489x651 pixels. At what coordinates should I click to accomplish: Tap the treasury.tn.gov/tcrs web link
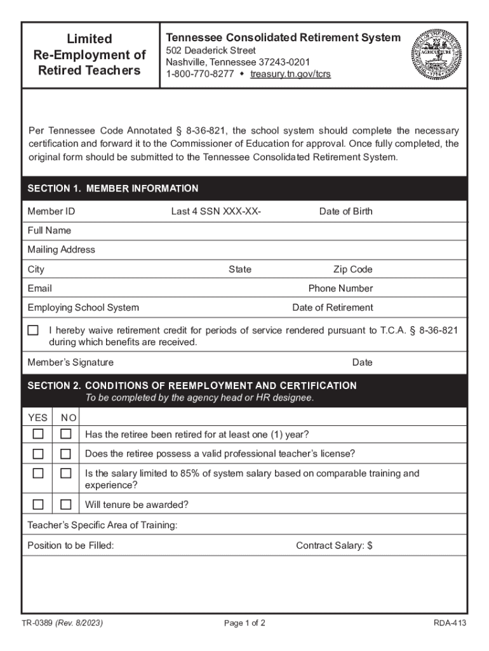[290, 74]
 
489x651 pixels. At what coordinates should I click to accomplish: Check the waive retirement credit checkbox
[33, 331]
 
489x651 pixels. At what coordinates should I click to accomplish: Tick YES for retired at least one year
[38, 434]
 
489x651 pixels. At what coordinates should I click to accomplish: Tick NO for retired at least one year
[65, 434]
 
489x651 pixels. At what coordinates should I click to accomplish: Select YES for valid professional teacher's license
[38, 454]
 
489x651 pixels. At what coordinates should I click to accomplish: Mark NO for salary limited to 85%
[65, 474]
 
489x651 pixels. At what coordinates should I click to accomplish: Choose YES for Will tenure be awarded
[38, 505]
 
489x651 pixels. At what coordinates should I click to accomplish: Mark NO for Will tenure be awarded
[65, 505]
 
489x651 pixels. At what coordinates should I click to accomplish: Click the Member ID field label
[51, 211]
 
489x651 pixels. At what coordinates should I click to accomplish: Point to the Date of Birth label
[345, 211]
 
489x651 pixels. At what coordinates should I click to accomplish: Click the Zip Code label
[352, 269]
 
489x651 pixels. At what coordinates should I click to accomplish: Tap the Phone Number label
[340, 288]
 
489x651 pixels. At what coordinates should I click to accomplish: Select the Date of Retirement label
[332, 308]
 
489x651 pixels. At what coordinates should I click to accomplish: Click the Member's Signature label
[70, 362]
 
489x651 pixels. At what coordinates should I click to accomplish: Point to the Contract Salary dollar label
[334, 545]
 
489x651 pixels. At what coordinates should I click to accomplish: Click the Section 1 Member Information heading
[113, 189]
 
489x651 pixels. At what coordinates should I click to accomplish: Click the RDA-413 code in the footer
[450, 623]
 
